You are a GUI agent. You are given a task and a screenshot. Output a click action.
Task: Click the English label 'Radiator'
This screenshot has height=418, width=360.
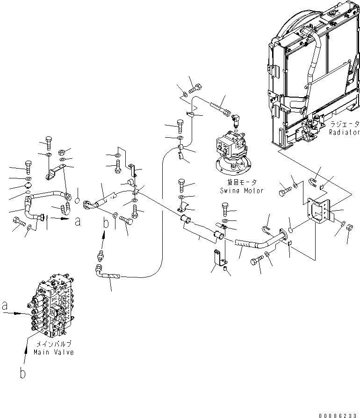pos(343,132)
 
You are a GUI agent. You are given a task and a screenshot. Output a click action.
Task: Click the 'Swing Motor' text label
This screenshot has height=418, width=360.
pos(242,191)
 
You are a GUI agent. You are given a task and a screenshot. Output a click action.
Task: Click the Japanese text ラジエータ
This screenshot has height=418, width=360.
pos(344,125)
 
